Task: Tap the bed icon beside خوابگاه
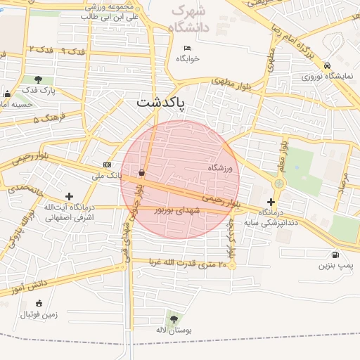coord(186,49)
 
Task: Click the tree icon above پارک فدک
coord(37,79)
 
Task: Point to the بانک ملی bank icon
coord(107,165)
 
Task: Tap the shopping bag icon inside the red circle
coord(142,172)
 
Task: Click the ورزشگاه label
coord(219,167)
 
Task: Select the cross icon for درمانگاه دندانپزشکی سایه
coord(271,202)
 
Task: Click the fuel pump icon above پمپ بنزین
coord(334,255)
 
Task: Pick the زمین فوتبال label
coord(39,314)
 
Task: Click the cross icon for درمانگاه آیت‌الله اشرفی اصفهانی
coord(69,197)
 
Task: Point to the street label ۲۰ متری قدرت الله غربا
coord(188,264)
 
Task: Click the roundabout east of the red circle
coord(279,184)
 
